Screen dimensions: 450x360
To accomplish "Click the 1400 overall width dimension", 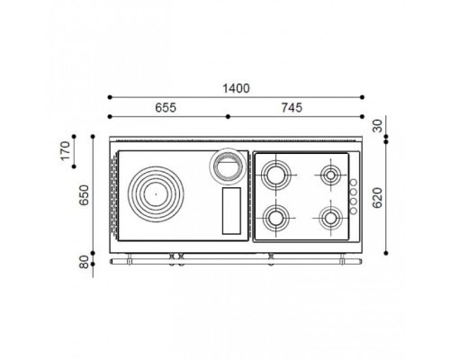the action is point(236,88).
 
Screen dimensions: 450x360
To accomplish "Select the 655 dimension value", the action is point(166,107).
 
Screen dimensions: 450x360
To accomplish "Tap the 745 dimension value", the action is point(292,107).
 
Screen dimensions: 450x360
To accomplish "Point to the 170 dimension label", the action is point(65,151).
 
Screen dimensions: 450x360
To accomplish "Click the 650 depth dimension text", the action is point(84,195).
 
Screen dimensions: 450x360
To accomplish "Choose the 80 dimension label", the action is point(85,262).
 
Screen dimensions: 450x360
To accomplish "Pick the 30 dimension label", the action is point(378,126).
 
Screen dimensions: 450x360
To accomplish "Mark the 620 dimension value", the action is point(377,198).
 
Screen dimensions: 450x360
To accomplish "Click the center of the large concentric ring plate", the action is point(156,194).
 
